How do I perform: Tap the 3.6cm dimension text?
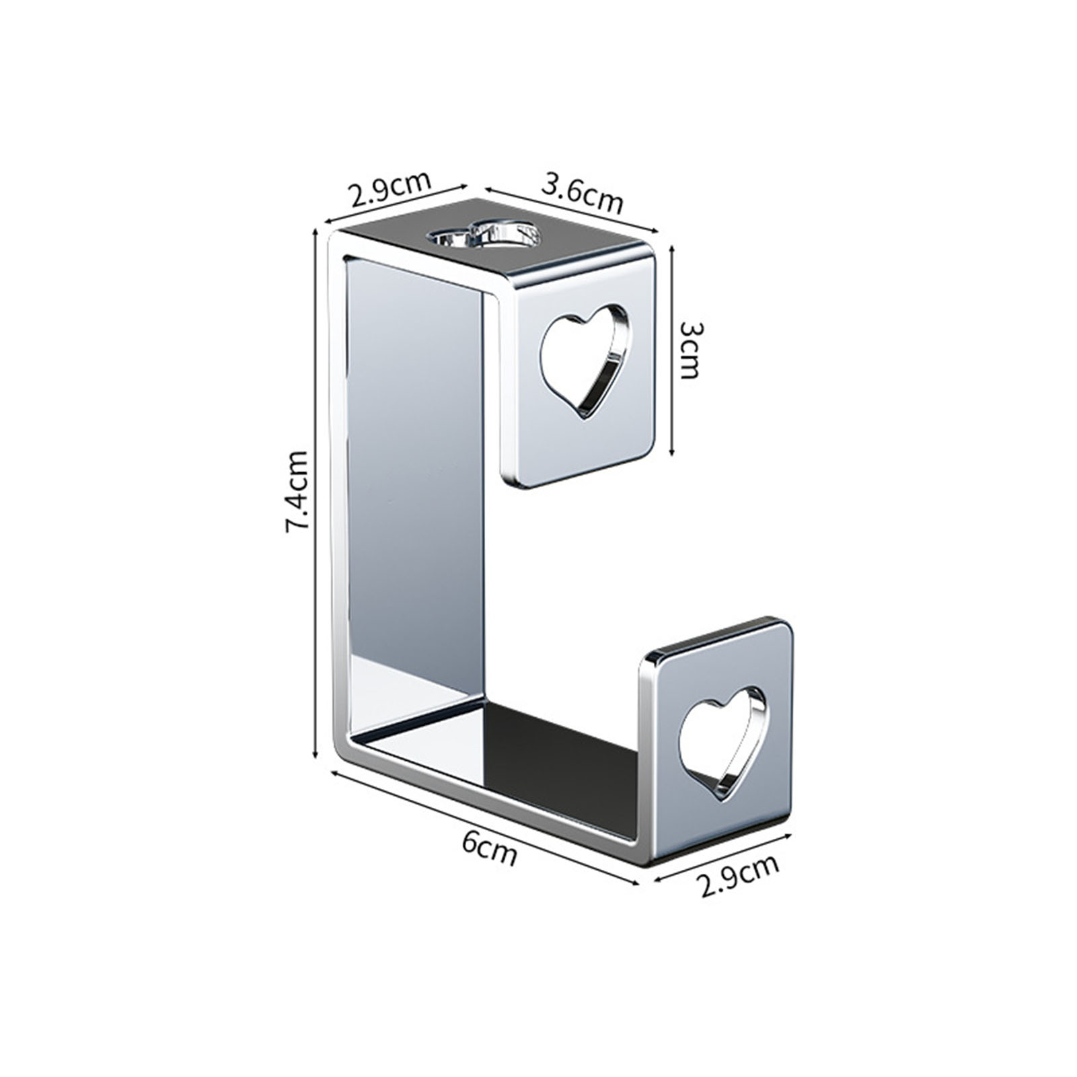pyautogui.click(x=583, y=194)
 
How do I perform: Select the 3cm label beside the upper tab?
pyautogui.click(x=691, y=350)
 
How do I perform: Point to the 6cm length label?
pyautogui.click(x=490, y=849)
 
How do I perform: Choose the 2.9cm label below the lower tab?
pyautogui.click(x=739, y=875)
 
